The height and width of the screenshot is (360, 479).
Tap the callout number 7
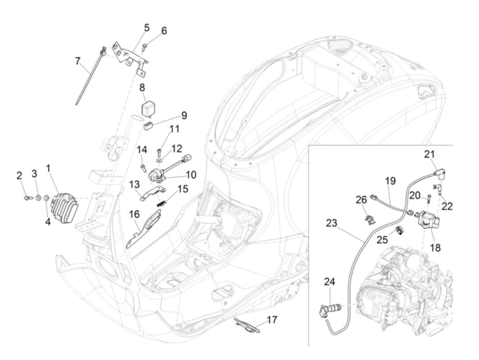click(x=78, y=61)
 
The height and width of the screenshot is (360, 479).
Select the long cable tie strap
click(x=90, y=76)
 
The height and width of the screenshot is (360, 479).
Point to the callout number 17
click(x=272, y=320)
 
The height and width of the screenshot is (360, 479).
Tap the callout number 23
click(x=332, y=223)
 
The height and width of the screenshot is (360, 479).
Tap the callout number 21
click(x=429, y=154)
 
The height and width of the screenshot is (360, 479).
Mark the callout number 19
click(x=390, y=181)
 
